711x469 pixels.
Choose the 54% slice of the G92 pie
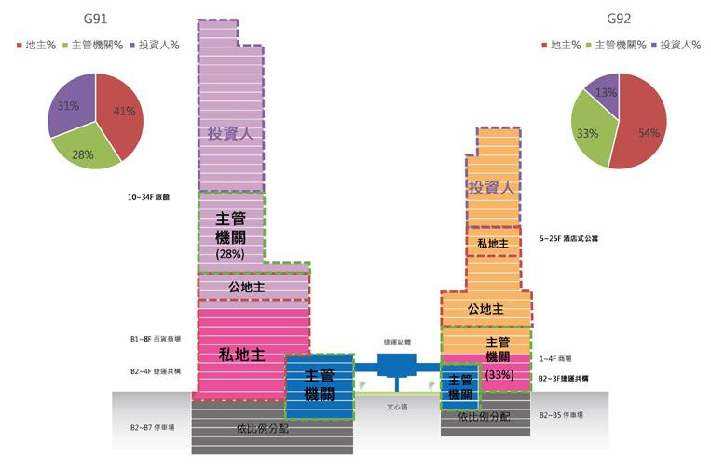[x=643, y=130]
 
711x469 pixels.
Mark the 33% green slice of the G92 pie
[x=587, y=133]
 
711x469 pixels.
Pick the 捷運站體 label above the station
[x=396, y=342]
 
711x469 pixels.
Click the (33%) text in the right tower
[x=499, y=374]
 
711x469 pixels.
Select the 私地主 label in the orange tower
[x=492, y=244]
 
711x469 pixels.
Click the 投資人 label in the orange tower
[x=492, y=188]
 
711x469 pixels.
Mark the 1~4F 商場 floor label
[x=555, y=358]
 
